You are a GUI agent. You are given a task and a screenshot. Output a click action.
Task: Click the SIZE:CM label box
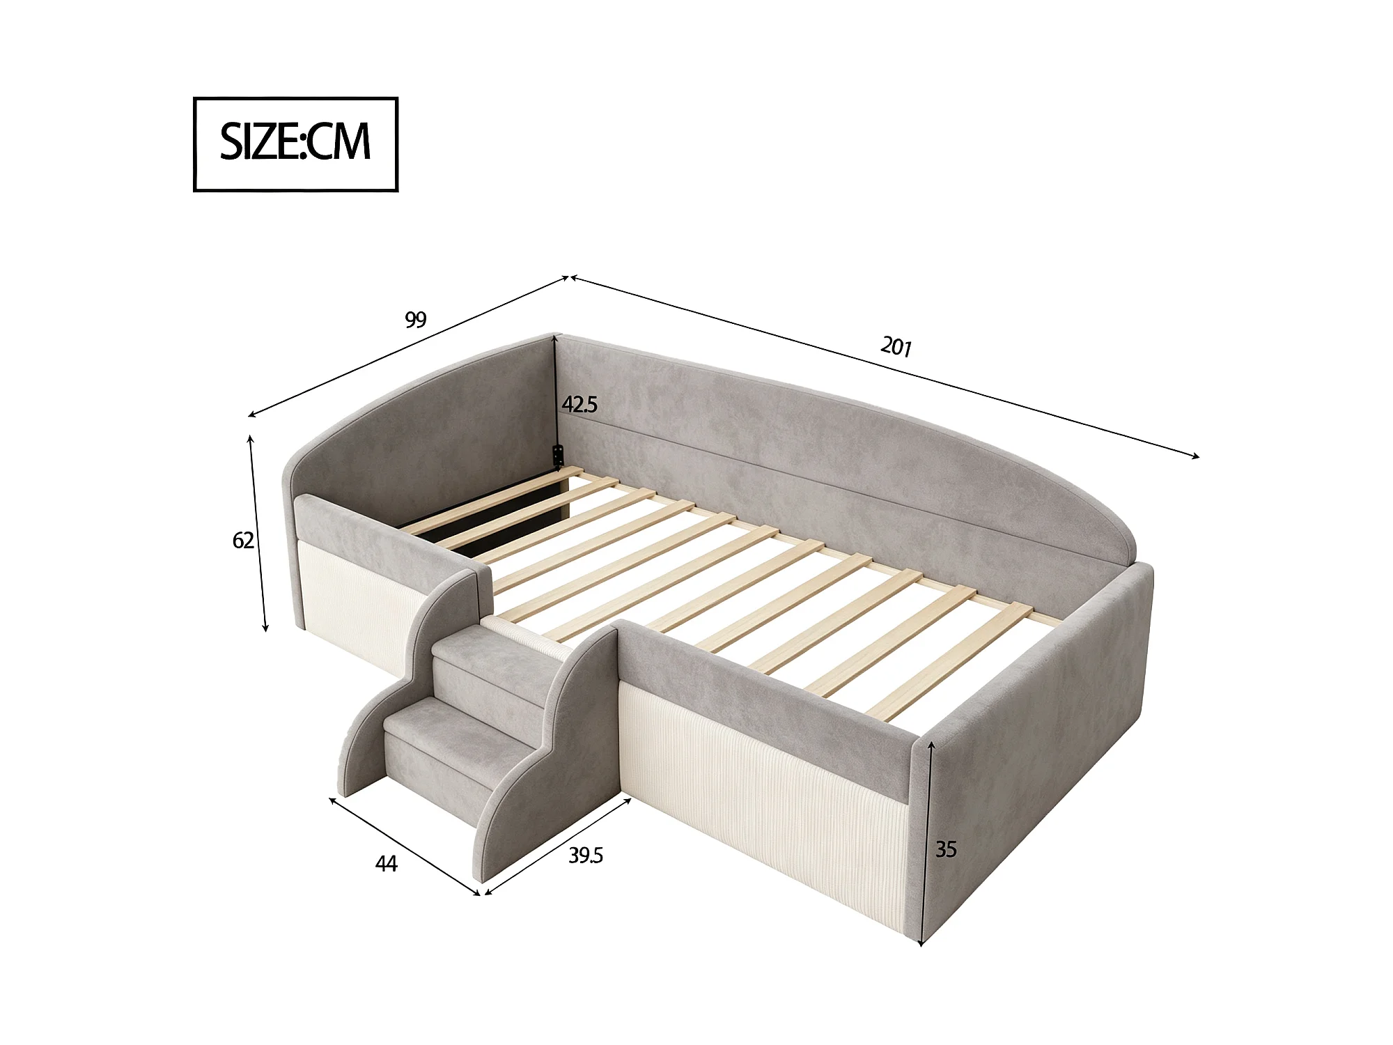click(x=295, y=144)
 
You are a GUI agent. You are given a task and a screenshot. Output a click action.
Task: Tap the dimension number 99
click(x=416, y=320)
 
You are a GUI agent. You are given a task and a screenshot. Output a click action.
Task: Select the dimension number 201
click(x=896, y=346)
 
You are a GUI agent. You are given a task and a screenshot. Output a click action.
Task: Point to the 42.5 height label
click(x=579, y=404)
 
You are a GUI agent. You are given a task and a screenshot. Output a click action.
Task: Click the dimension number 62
click(x=243, y=540)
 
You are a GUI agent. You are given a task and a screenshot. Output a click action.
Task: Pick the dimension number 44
click(x=386, y=864)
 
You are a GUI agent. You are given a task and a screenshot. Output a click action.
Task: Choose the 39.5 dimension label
click(x=586, y=855)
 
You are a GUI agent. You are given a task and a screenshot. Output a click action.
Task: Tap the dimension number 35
click(x=946, y=849)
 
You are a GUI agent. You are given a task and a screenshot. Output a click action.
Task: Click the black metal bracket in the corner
click(x=557, y=454)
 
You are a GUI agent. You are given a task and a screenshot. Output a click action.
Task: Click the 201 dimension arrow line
click(x=885, y=366)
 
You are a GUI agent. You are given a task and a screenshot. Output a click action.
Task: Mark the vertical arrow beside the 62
click(x=258, y=534)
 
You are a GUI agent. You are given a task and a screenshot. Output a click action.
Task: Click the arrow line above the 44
click(x=405, y=846)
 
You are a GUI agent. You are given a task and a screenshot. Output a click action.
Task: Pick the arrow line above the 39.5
click(x=558, y=846)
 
